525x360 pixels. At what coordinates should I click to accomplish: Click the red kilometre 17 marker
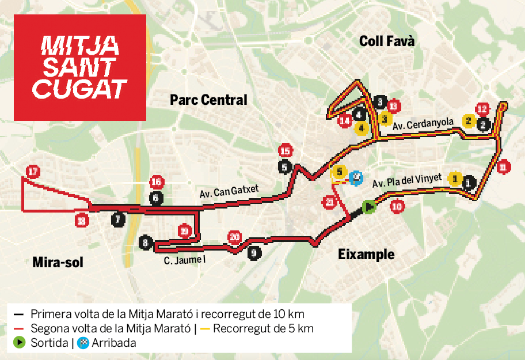click(33, 172)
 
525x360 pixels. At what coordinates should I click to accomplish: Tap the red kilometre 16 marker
click(156, 183)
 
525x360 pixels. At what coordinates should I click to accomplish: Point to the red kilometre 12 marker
click(482, 109)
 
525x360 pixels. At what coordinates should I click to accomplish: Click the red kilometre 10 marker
click(397, 206)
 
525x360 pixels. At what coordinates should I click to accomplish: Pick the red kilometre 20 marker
click(234, 237)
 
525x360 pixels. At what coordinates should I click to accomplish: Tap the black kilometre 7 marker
click(118, 219)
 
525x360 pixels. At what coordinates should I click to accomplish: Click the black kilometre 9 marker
click(254, 252)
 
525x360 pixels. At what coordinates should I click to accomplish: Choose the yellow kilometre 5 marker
click(339, 172)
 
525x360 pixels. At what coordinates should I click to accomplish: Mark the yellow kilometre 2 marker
click(468, 121)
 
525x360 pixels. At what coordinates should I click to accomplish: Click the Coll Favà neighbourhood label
click(387, 41)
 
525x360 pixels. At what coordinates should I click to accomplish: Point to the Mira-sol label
click(58, 263)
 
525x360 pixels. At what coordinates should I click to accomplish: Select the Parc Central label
click(208, 100)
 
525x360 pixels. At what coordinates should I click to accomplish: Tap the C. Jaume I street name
click(184, 260)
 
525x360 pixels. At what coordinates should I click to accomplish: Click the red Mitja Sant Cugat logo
click(79, 67)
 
